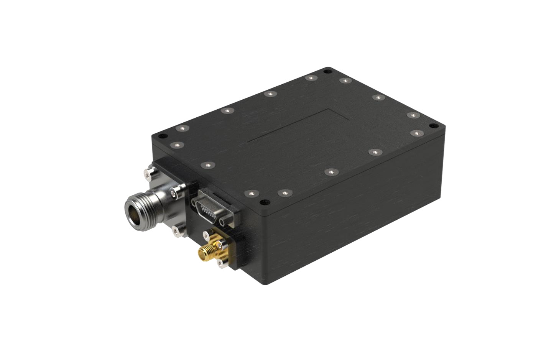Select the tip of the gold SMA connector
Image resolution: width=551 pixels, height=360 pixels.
[202, 253]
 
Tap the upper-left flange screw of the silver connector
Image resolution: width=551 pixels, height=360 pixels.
[147, 174]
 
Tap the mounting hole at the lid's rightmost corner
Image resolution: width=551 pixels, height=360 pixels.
[434, 126]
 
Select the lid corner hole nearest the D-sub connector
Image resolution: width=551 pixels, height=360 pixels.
[263, 202]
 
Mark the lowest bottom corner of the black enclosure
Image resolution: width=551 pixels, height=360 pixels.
[268, 284]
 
